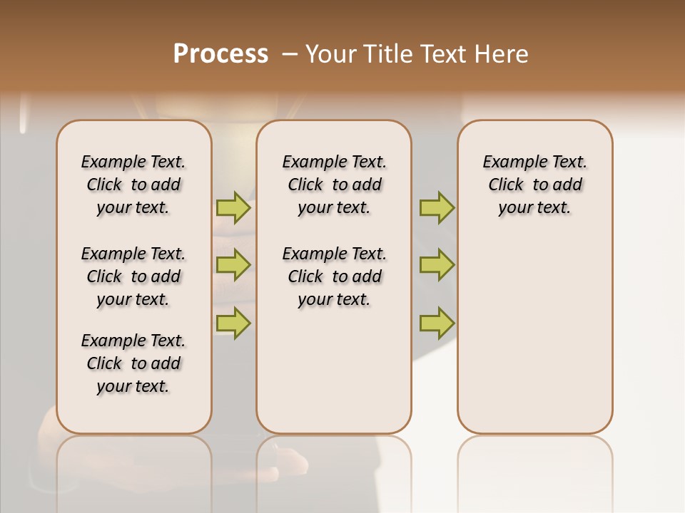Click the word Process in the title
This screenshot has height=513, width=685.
pyautogui.click(x=220, y=54)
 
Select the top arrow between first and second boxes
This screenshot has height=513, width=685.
pyautogui.click(x=233, y=208)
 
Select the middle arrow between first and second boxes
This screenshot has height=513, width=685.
pyautogui.click(x=233, y=265)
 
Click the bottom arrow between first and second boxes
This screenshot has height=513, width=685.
pyautogui.click(x=233, y=323)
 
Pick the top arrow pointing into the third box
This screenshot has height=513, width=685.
pyautogui.click(x=437, y=208)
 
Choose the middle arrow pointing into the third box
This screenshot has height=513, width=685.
pyautogui.click(x=437, y=265)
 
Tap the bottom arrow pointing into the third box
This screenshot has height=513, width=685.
pyautogui.click(x=437, y=323)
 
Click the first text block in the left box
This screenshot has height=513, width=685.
pyautogui.click(x=133, y=185)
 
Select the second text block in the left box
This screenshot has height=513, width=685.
pyautogui.click(x=133, y=276)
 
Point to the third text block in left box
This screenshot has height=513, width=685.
pyautogui.click(x=133, y=363)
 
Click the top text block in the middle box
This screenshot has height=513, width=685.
pyautogui.click(x=334, y=185)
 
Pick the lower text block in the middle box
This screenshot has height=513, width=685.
pyautogui.click(x=334, y=276)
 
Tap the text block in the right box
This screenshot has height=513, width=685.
pyautogui.click(x=534, y=185)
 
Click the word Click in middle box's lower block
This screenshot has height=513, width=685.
pyautogui.click(x=305, y=276)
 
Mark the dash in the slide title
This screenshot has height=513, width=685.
pyautogui.click(x=290, y=55)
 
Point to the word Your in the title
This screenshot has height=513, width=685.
pyautogui.click(x=330, y=54)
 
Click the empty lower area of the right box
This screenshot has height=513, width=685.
pyautogui.click(x=534, y=335)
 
